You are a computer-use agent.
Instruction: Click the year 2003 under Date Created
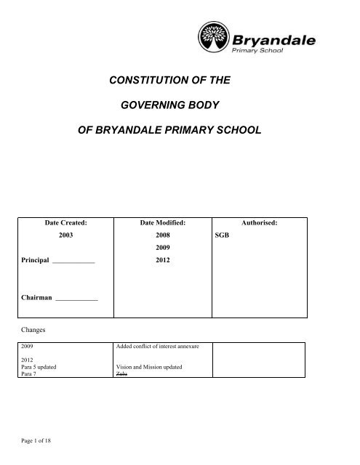pos(66,236)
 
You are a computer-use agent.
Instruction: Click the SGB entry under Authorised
pos(221,236)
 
